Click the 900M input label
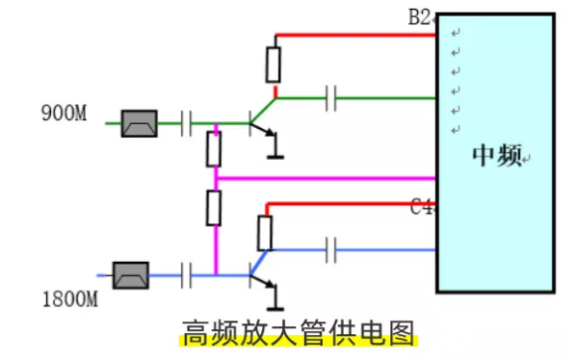click(64, 114)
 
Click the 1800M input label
click(70, 299)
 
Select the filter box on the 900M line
click(139, 123)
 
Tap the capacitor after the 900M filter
click(187, 123)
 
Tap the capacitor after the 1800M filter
click(187, 275)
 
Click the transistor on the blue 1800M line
click(259, 275)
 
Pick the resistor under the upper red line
click(274, 64)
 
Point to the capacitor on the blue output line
click(331, 250)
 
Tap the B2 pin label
click(422, 17)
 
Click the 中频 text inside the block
click(497, 157)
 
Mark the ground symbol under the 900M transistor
click(276, 151)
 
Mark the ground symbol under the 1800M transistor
click(276, 305)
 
